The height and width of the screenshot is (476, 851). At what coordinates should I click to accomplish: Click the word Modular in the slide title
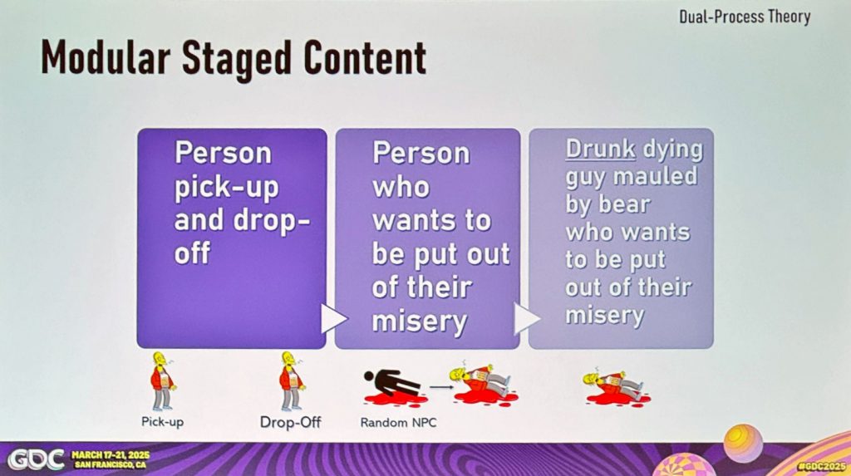tap(106, 57)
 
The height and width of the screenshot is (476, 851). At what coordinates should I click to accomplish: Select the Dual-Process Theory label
tap(745, 17)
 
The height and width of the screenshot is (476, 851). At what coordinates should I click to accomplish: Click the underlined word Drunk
tap(600, 149)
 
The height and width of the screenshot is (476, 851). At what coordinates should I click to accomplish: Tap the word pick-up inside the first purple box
tap(226, 188)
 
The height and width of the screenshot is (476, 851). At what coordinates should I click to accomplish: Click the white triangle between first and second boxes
tap(333, 319)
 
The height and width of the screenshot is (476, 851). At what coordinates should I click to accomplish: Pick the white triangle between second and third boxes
tap(526, 319)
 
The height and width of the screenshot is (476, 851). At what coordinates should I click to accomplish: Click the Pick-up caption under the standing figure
tap(162, 422)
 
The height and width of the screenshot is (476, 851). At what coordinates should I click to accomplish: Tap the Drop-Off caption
tap(290, 422)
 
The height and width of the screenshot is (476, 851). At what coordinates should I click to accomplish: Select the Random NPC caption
tap(398, 422)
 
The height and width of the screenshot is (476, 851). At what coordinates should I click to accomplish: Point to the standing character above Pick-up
tap(162, 380)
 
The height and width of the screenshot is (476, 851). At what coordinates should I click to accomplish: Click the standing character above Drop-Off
tap(292, 380)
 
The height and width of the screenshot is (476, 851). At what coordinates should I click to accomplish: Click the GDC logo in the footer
tap(36, 459)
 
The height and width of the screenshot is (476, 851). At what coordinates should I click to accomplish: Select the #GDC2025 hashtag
tap(822, 467)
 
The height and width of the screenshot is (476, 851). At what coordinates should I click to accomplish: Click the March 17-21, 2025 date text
tap(111, 455)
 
